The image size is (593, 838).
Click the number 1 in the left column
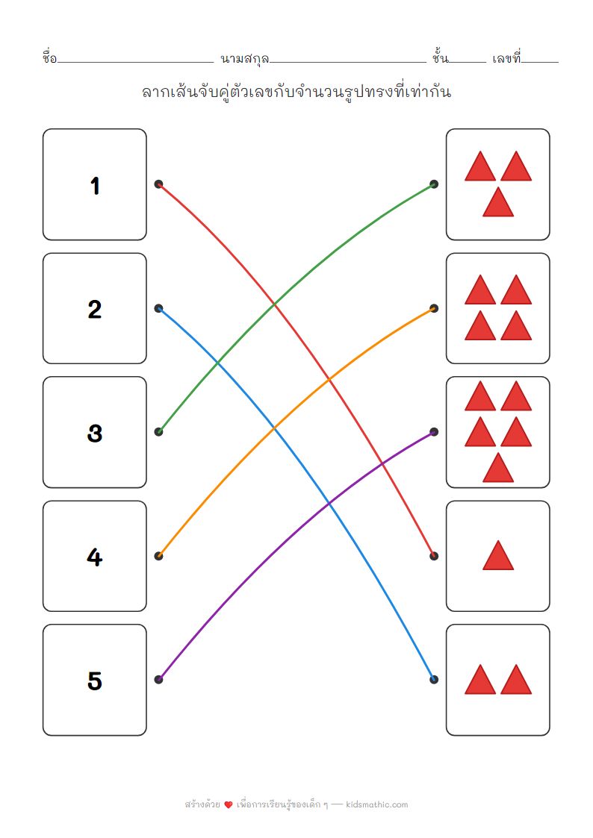[95, 185]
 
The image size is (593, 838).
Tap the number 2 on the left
[95, 309]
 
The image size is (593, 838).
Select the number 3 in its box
[95, 433]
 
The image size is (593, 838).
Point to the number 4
[95, 557]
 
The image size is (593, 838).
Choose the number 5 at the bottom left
[95, 681]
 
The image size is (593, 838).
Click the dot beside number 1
[158, 184]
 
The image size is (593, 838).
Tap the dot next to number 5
[158, 679]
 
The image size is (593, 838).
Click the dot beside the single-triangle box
[434, 556]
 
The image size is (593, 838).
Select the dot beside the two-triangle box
[434, 679]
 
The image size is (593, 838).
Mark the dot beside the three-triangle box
[434, 184]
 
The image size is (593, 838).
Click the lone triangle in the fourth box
[498, 557]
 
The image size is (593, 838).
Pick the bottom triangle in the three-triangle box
[498, 203]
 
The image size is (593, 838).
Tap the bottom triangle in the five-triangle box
[498, 469]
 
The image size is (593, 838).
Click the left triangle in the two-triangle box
[480, 681]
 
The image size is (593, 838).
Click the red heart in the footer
[229, 805]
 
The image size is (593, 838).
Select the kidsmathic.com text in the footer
[378, 804]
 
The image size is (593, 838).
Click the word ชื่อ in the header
[50, 57]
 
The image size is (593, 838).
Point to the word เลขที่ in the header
[506, 57]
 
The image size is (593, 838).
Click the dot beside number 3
[158, 432]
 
